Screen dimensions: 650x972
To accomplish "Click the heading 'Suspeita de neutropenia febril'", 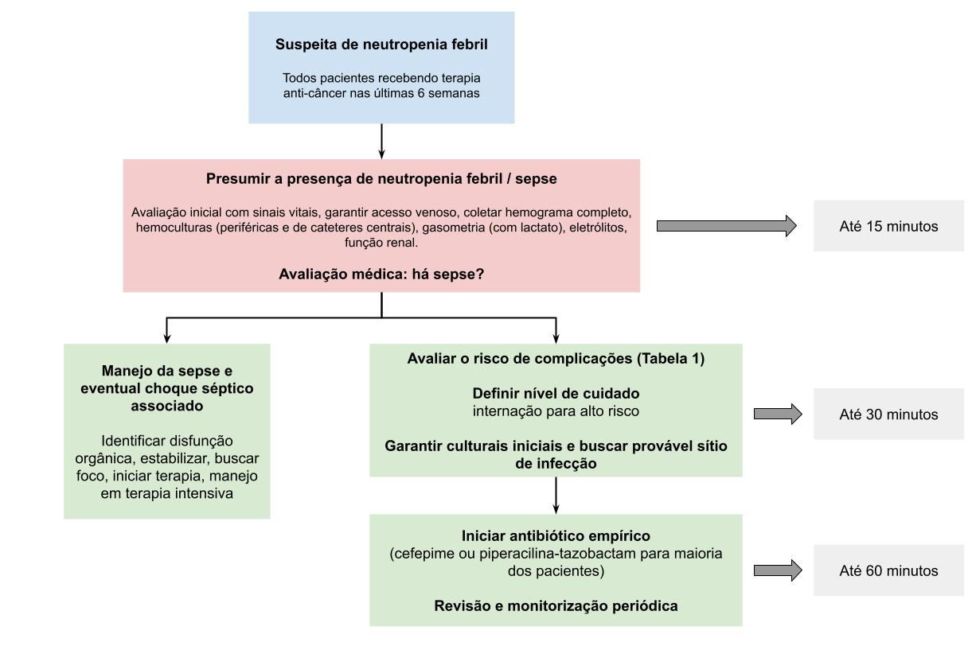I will [381, 45].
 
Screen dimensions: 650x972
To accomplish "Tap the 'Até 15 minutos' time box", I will [888, 226].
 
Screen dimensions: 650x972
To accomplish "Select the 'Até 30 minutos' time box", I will [888, 414].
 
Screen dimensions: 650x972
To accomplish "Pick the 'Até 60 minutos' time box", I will [888, 570].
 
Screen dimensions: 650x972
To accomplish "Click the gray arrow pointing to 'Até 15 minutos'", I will [726, 226].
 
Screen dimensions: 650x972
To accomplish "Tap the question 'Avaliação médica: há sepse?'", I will [381, 273].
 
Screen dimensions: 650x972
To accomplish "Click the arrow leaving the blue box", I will [382, 141].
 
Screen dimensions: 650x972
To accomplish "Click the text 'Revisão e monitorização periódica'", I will [556, 605].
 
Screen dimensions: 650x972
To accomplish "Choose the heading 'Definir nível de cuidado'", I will [556, 393].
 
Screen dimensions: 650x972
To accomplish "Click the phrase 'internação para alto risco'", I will [556, 411].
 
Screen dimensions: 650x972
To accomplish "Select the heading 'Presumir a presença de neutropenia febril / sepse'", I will [381, 179].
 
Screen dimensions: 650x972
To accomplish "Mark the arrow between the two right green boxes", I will [556, 495].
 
